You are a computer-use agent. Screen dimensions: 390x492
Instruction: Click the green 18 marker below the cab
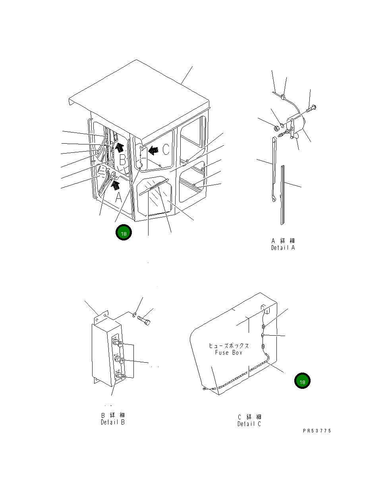124,232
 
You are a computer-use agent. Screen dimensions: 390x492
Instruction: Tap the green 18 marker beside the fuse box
302,381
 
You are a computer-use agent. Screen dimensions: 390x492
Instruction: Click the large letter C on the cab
166,149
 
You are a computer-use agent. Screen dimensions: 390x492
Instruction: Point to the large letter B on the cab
123,160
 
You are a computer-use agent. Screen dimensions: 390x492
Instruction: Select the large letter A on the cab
118,198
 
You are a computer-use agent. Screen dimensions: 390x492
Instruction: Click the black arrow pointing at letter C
153,150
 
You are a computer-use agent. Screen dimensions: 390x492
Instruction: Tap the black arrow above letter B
120,147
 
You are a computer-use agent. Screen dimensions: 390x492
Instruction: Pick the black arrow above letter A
115,185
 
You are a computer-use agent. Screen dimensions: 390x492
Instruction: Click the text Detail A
283,248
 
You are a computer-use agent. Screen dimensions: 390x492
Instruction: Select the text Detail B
113,422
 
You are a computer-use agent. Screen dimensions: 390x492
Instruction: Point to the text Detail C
249,424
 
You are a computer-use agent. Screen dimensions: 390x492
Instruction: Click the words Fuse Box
228,353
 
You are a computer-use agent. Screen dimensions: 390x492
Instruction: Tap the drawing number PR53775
317,431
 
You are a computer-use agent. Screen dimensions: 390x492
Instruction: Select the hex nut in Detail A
276,128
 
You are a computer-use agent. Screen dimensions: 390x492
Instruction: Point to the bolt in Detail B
144,320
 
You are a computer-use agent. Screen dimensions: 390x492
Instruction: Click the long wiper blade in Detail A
283,195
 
